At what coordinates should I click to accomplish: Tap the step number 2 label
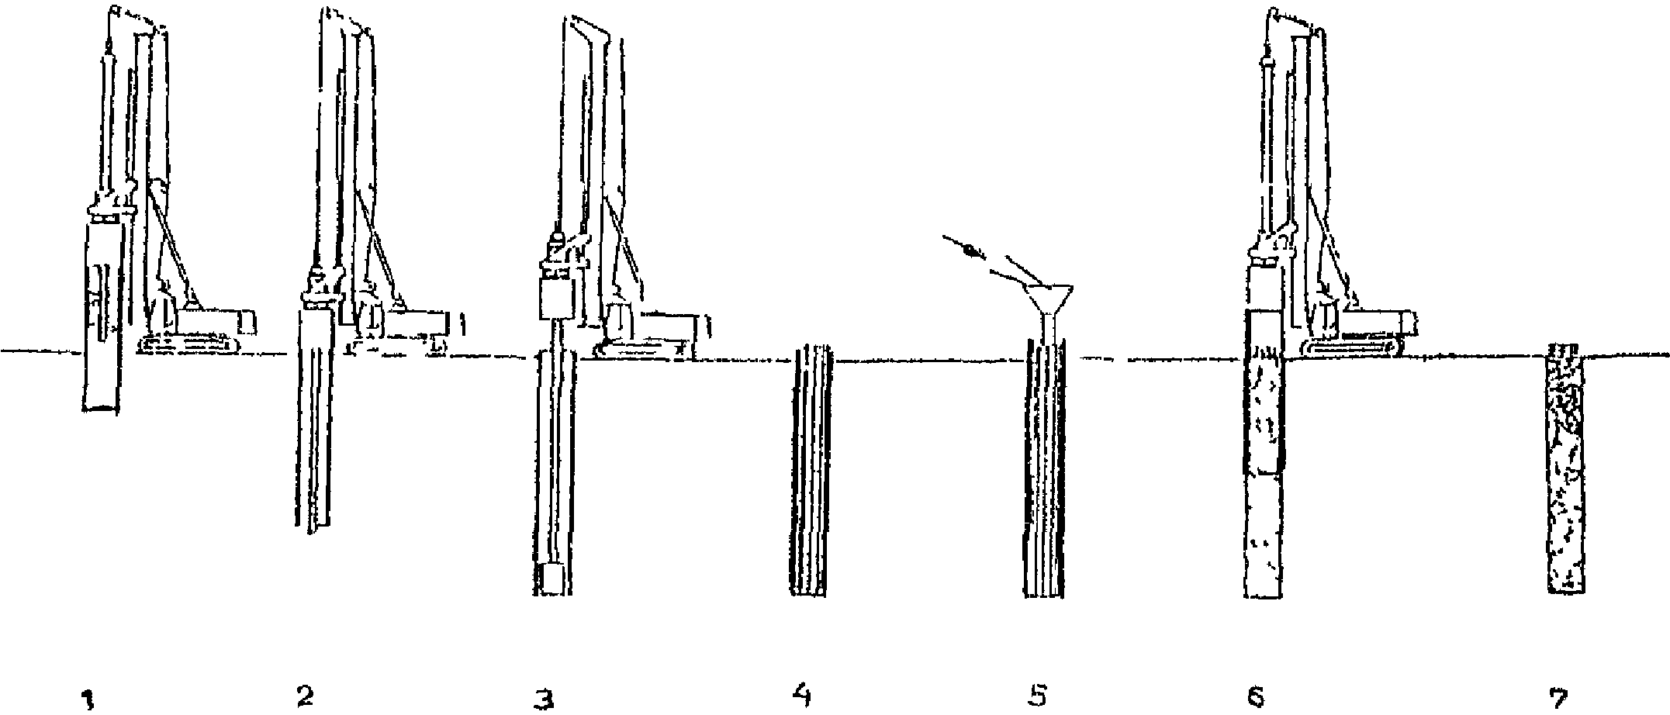click(305, 697)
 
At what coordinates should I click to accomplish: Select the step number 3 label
click(546, 699)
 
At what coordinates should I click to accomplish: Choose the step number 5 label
click(1037, 697)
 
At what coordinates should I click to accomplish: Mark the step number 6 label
click(1257, 698)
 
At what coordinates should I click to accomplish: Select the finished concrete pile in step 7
click(1565, 469)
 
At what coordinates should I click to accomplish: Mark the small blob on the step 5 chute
click(969, 250)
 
